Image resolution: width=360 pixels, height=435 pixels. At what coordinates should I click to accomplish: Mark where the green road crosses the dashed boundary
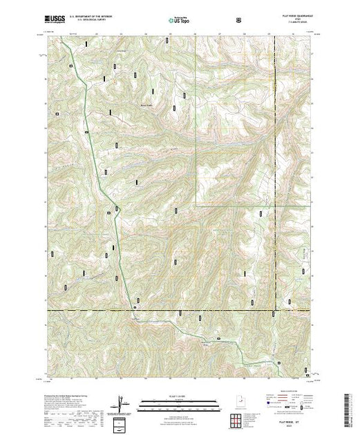click(x=129, y=311)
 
